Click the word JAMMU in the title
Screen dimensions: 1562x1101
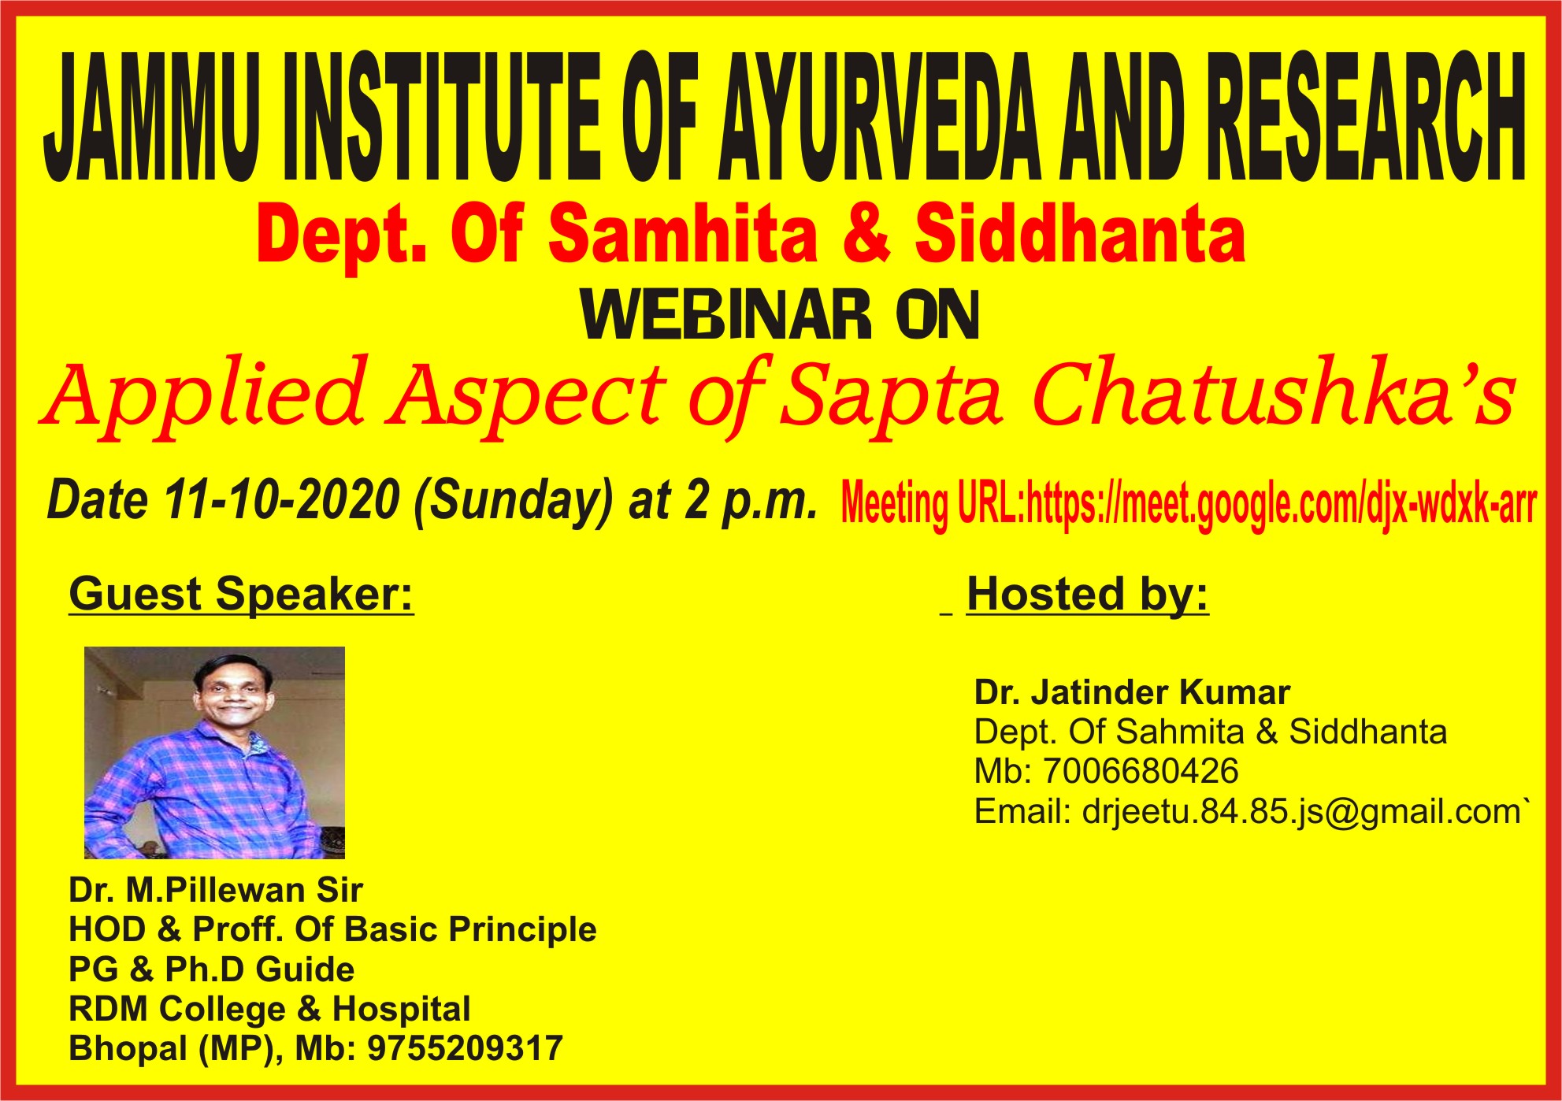coord(152,117)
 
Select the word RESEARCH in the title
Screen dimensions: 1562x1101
coord(1367,117)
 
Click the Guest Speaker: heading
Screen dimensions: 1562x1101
coord(241,595)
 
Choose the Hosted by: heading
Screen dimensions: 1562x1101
coord(1087,595)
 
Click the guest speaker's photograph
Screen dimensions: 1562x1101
coord(214,753)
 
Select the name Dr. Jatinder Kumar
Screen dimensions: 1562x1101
coord(1132,693)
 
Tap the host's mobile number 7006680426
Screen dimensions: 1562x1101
coord(1141,772)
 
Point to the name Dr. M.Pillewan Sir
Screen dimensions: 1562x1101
coord(216,891)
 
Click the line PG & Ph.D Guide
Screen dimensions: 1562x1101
coord(212,969)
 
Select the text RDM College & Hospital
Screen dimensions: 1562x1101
coord(269,1009)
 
